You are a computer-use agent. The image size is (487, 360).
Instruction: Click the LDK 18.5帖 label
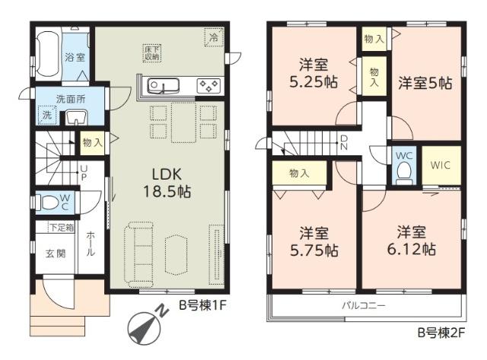pos(167,183)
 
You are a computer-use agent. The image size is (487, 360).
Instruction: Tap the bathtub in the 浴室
pos(48,55)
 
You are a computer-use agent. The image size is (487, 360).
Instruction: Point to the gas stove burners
pos(208,86)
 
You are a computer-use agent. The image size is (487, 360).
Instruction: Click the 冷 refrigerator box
pos(214,37)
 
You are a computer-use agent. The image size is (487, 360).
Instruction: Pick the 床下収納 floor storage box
pos(152,53)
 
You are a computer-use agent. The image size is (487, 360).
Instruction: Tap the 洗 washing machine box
pos(46,115)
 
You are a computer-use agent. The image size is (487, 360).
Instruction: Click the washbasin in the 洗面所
pos(76,117)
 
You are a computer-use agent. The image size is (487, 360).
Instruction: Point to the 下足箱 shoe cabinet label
pos(62,228)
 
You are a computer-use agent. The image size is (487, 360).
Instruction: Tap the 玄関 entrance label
pos(56,253)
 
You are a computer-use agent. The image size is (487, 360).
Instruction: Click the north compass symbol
pos(145,327)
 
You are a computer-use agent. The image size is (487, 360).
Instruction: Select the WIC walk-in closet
pos(441,165)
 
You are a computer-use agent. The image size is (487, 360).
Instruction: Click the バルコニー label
pos(364,306)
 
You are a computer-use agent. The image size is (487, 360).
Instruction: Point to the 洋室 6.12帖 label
pos(411,241)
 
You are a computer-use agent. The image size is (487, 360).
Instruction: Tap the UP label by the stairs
pos(84,173)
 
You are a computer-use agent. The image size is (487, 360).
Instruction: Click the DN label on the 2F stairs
pos(344,142)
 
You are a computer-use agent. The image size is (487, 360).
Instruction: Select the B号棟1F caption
pos(202,306)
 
